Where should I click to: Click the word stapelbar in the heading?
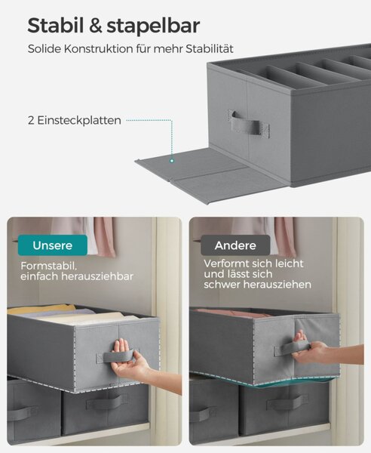[x=154, y=26]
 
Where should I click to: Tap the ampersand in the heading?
[x=96, y=26]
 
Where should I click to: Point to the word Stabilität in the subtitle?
[x=209, y=49]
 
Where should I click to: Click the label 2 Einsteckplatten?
[x=75, y=121]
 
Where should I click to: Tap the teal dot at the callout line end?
[x=172, y=161]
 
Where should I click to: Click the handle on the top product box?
[x=250, y=123]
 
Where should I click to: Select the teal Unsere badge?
[x=53, y=245]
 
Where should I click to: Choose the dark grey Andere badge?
[x=235, y=245]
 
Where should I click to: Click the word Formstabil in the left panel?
[x=48, y=266]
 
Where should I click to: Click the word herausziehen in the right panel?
[x=277, y=285]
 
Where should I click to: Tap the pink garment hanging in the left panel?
[x=104, y=237]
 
